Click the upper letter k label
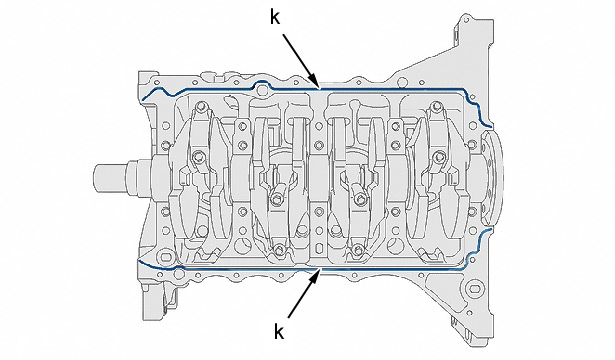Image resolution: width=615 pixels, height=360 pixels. pyautogui.click(x=275, y=18)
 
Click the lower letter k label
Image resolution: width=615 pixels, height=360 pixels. pyautogui.click(x=278, y=332)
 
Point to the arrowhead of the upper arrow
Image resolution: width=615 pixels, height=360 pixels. pyautogui.click(x=315, y=82)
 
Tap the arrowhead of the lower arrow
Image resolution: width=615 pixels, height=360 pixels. pyautogui.click(x=316, y=276)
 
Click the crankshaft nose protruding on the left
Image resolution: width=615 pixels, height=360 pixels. pyautogui.click(x=114, y=178)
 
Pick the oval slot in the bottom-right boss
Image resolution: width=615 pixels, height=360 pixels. pyautogui.click(x=475, y=289)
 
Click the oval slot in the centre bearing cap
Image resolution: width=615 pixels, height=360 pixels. pyautogui.click(x=319, y=248)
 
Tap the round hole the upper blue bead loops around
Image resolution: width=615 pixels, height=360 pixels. pyautogui.click(x=262, y=90)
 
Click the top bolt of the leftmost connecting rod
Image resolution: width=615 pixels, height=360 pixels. pyautogui.click(x=200, y=106)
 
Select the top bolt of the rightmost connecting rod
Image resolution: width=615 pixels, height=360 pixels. pyautogui.click(x=436, y=106)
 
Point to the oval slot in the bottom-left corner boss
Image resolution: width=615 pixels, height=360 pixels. pyautogui.click(x=166, y=257)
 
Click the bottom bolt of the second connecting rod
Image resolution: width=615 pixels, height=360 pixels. pyautogui.click(x=279, y=249)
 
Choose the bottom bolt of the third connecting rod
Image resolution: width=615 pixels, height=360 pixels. pyautogui.click(x=357, y=249)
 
